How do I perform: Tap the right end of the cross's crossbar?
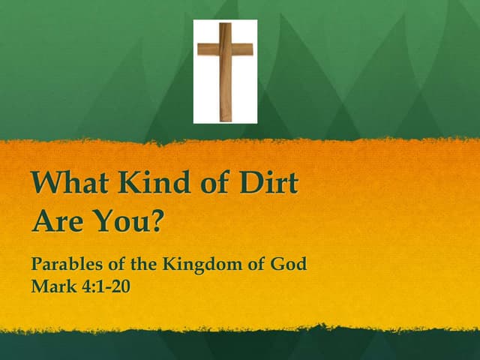250,49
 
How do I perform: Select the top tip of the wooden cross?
225,25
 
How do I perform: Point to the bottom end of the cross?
225,118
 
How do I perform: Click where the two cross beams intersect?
225,49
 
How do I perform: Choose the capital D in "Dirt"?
249,183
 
